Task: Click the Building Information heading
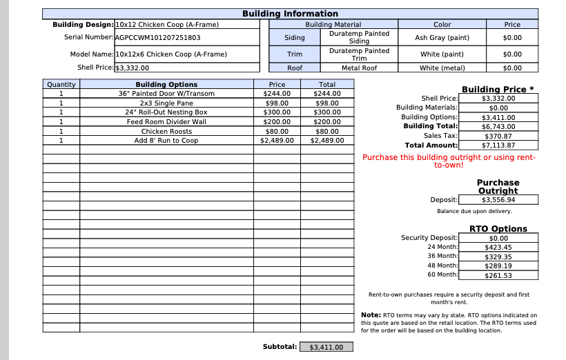click(x=290, y=14)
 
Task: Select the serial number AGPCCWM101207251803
click(x=158, y=38)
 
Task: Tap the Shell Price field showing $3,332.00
click(x=132, y=68)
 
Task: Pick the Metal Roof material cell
click(x=359, y=68)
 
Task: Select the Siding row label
click(x=295, y=38)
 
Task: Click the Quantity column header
click(x=61, y=84)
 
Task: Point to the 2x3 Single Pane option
click(x=166, y=103)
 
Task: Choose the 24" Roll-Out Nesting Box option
click(x=166, y=112)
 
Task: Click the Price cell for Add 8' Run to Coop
click(x=277, y=141)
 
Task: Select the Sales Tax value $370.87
click(x=498, y=136)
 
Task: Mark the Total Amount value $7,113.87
click(x=498, y=146)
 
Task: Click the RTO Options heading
click(x=498, y=228)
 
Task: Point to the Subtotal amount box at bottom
click(x=326, y=348)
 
